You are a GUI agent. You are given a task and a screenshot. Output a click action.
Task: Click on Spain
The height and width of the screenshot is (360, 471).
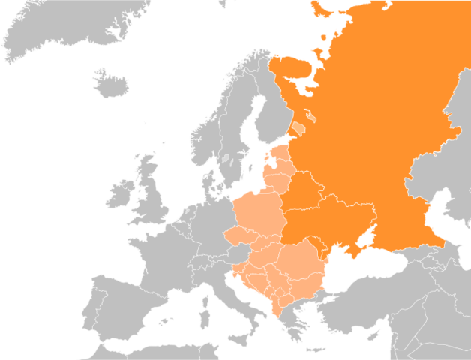pos(127,307)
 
